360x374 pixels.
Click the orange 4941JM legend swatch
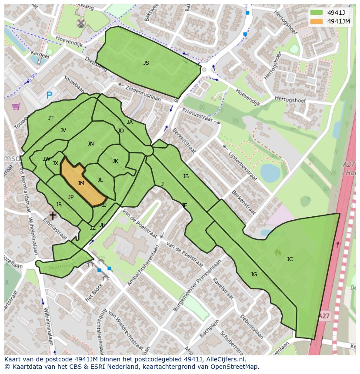tap(317, 21)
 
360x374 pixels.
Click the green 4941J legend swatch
tap(317, 13)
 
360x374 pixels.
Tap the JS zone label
tap(146, 63)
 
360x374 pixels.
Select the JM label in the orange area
tap(81, 183)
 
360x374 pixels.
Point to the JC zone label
tap(290, 259)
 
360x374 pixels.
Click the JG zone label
tap(254, 275)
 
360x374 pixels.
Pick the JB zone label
tap(186, 176)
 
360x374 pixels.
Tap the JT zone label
tap(51, 118)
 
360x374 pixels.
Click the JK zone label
tap(115, 161)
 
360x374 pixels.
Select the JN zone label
tap(90, 144)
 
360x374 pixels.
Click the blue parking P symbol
tap(49, 96)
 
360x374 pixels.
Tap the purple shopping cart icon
tap(16, 106)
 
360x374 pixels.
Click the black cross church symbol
tap(53, 215)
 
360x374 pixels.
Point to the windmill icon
tap(80, 23)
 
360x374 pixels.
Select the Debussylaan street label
tap(251, 325)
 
